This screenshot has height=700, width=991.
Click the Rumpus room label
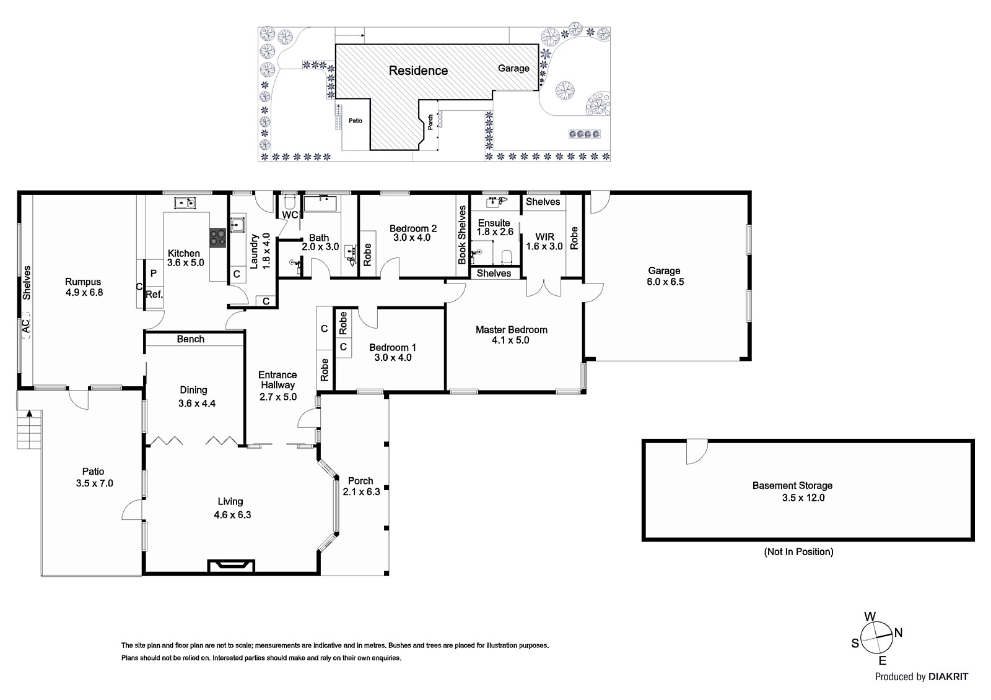(83, 282)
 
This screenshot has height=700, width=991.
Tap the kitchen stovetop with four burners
(217, 238)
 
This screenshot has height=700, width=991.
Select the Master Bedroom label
(512, 329)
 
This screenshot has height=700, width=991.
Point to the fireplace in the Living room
(231, 566)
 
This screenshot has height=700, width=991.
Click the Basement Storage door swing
(696, 451)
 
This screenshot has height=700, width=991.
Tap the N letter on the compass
(898, 633)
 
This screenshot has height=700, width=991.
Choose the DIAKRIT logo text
(948, 676)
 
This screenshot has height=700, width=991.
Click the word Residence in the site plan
(418, 71)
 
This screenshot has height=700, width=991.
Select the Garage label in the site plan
(513, 68)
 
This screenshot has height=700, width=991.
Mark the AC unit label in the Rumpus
(25, 326)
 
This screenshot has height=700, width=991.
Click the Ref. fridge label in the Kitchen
(154, 294)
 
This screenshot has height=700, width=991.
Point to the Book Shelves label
(462, 235)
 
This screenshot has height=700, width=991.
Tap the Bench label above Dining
(191, 339)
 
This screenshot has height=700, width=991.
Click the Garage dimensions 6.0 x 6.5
(665, 282)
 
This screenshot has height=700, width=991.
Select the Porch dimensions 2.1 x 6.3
(362, 491)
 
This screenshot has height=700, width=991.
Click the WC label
(290, 215)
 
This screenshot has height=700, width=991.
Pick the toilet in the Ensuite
(507, 257)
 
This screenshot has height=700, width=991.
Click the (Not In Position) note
(798, 552)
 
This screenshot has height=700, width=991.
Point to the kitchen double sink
(185, 203)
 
